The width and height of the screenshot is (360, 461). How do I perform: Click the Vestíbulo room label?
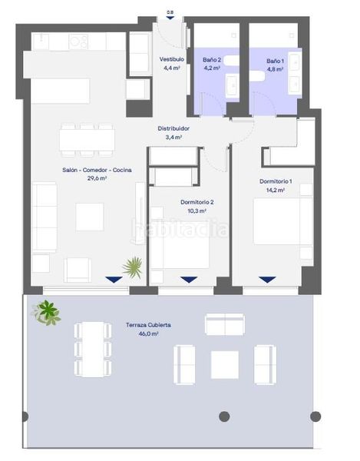point(172,59)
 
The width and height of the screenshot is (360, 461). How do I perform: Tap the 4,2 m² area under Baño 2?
point(212,68)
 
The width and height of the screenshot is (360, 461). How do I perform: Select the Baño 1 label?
point(275,61)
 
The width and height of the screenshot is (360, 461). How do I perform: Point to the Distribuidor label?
point(173,128)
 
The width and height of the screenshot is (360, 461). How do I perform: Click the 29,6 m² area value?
point(97,178)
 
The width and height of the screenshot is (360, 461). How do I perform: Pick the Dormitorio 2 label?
point(197,202)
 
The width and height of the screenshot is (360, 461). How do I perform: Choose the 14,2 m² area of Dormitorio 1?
point(275,191)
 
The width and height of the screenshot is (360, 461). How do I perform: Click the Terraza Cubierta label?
point(148,325)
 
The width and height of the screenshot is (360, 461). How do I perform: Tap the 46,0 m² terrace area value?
point(149,333)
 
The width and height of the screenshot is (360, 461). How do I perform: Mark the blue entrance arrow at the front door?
point(170,18)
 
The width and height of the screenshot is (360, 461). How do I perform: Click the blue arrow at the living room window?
point(114,280)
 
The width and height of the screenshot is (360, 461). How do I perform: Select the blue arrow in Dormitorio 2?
point(189,280)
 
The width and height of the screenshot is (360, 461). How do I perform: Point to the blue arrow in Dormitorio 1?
point(267,280)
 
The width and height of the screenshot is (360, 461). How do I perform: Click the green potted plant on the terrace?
point(46,313)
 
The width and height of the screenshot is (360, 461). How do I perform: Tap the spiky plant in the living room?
point(133,267)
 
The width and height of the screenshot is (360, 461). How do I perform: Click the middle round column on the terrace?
point(224,416)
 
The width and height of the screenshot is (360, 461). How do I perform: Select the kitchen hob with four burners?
point(78,41)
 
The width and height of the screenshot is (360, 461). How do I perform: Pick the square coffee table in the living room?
point(90,217)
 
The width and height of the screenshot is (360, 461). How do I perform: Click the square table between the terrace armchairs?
point(225,364)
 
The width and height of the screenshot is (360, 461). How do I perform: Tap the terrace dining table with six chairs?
point(93,350)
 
